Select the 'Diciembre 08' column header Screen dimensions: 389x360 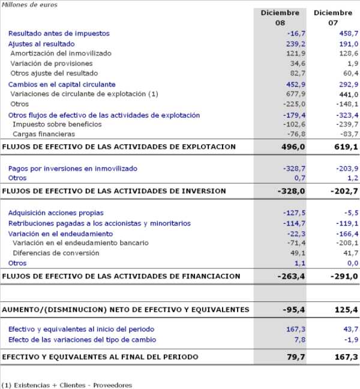(x=280, y=17)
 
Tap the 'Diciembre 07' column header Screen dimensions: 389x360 (x=333, y=17)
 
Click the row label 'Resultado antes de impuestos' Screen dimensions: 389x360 (x=59, y=34)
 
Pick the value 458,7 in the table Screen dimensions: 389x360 (x=347, y=34)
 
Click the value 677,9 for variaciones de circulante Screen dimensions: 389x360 (x=295, y=94)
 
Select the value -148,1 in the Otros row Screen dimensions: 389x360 (x=346, y=104)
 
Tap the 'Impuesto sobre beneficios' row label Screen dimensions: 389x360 (x=57, y=124)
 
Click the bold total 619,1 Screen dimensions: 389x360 (x=346, y=146)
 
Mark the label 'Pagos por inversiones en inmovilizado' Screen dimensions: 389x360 (x=73, y=169)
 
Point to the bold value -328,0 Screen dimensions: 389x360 (x=292, y=191)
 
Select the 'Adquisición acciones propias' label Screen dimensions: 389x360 (x=56, y=213)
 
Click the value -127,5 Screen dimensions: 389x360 (x=293, y=213)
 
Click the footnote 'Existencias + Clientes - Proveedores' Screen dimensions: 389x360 (x=71, y=385)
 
